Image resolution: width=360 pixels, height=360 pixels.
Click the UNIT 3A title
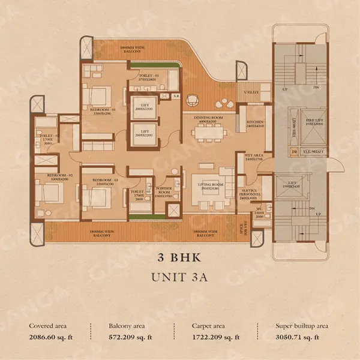coord(179,279)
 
